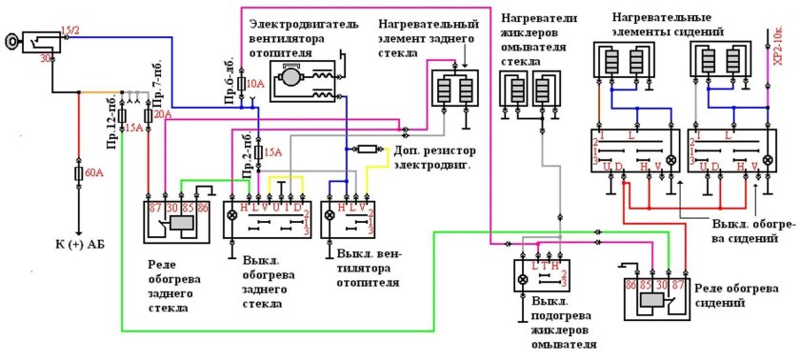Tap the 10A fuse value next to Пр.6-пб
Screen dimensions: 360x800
tap(255, 85)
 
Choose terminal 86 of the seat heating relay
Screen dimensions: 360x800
tap(630, 284)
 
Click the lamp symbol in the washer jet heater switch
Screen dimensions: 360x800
tap(523, 281)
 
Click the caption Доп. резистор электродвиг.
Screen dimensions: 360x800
tap(436, 158)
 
